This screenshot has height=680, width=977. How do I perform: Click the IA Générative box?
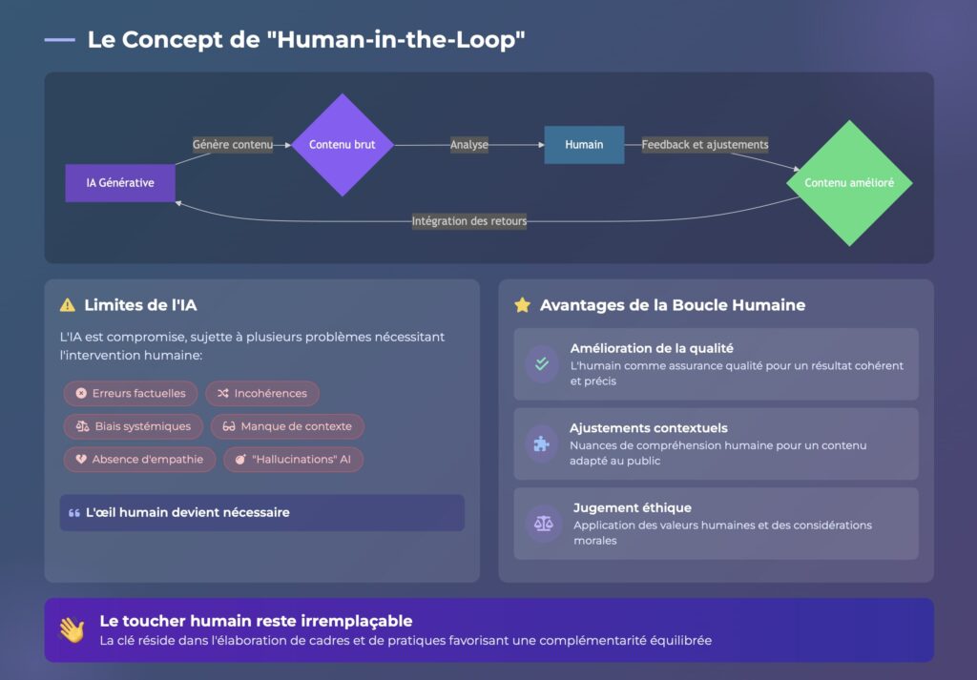(x=120, y=183)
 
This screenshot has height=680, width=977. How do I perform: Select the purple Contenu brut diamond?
(x=342, y=145)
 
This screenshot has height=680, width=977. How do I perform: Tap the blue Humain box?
(x=584, y=145)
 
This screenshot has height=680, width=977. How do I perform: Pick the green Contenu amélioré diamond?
(x=849, y=183)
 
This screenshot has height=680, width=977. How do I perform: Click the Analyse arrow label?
(x=469, y=145)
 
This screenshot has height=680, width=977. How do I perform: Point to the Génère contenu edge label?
(x=233, y=145)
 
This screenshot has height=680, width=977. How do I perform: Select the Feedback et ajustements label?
(x=705, y=145)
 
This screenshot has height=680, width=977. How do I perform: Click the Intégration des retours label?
(x=469, y=221)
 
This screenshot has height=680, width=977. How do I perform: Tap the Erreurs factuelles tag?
(x=131, y=393)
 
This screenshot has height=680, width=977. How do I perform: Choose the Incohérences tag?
(x=262, y=393)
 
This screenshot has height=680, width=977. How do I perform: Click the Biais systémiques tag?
(x=134, y=426)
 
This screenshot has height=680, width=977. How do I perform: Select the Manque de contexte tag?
(x=287, y=426)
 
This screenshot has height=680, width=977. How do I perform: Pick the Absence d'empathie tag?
(x=139, y=459)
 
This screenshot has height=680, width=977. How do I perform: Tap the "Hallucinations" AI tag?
(x=294, y=459)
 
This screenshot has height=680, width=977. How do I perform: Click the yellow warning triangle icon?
(x=68, y=305)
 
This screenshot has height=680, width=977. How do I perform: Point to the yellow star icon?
(x=522, y=305)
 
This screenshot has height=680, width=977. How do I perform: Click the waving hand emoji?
(x=72, y=629)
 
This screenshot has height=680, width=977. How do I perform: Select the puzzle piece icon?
(x=542, y=443)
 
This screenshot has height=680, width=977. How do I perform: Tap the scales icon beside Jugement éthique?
(x=542, y=524)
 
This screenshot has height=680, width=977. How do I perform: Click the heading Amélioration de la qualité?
(x=652, y=348)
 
